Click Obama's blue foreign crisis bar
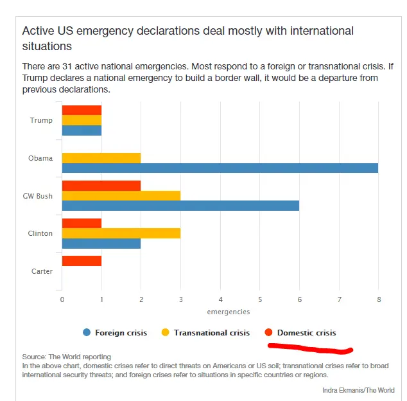tap(220, 168)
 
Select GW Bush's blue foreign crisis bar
tap(180, 206)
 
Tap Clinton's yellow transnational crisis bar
tap(121, 233)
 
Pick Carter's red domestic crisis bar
tap(82, 260)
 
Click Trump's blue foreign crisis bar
tap(82, 130)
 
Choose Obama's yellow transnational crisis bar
tap(101, 158)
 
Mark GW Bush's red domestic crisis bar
tap(101, 185)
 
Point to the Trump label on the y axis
tap(41, 120)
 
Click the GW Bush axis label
tap(38, 196)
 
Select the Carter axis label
tap(42, 271)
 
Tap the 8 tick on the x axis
tap(379, 299)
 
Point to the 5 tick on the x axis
tap(260, 299)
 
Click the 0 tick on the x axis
tap(62, 299)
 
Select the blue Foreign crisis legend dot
tap(87, 333)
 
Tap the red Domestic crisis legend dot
tap(269, 333)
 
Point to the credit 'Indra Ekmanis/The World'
tap(359, 390)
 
